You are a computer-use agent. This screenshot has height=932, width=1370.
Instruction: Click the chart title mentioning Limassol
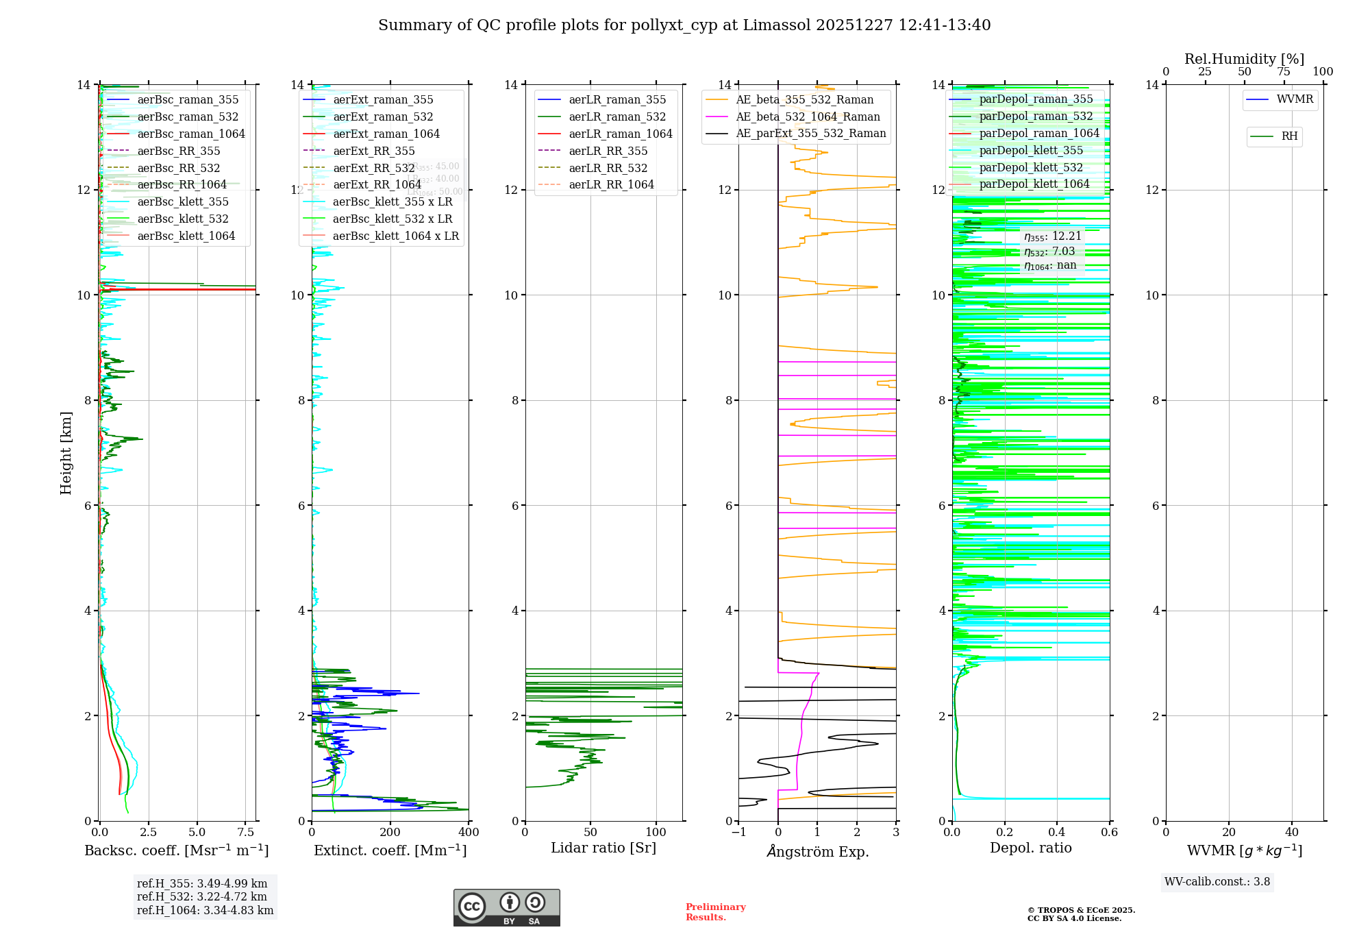[684, 25]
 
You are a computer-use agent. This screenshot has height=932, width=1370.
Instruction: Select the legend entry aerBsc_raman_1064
[190, 134]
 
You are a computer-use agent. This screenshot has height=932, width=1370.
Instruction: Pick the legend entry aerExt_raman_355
[383, 99]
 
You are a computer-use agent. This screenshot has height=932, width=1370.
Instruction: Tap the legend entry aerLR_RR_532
[608, 168]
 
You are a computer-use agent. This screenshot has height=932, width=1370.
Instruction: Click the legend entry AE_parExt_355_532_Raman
[810, 133]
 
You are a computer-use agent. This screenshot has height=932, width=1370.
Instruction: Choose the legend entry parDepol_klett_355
[1031, 150]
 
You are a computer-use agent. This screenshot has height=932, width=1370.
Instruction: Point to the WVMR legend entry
[1295, 99]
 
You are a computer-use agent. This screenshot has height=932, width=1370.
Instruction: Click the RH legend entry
[1289, 136]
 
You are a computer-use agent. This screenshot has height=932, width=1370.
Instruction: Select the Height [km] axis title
[66, 453]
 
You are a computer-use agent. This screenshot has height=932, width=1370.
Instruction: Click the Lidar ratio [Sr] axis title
[603, 848]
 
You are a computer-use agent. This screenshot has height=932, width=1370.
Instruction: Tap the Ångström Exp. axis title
[817, 851]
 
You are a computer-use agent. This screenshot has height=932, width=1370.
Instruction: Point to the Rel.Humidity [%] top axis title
[1244, 59]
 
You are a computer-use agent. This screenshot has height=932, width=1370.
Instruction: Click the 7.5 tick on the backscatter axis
[246, 833]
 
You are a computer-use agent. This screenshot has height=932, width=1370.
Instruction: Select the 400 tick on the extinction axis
[469, 833]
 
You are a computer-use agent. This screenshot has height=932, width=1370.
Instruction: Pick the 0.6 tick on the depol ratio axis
[1109, 833]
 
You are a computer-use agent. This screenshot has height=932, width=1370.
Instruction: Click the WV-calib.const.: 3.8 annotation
[1217, 882]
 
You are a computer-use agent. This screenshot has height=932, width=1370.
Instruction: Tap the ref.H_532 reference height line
[202, 897]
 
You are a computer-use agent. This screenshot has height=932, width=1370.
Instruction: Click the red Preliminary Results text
[715, 912]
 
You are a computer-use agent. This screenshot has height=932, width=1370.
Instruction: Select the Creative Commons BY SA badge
[506, 908]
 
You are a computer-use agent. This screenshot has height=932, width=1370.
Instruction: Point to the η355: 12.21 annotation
[1053, 236]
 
